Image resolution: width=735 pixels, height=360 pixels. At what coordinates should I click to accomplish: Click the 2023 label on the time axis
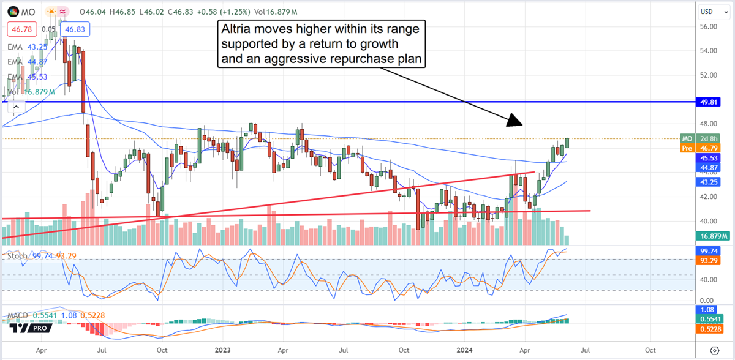222,350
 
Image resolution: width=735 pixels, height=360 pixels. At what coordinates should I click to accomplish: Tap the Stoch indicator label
17,255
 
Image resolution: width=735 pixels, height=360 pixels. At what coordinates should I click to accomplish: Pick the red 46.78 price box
20,28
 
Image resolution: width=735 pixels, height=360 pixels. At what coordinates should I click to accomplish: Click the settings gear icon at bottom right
714,350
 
